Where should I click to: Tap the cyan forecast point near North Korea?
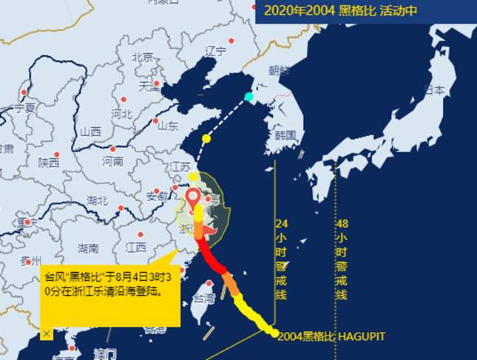(x=248, y=96)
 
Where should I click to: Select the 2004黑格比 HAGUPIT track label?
(x=331, y=336)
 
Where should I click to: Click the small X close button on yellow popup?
(x=47, y=333)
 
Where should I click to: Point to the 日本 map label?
(x=434, y=90)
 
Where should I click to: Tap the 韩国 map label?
(x=285, y=136)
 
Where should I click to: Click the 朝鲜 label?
(x=280, y=71)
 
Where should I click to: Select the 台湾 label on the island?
(x=203, y=299)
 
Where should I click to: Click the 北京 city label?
(x=142, y=57)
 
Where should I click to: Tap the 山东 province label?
(x=167, y=126)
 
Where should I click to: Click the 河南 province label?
(x=112, y=160)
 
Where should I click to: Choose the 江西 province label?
(x=135, y=246)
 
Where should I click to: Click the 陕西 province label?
(x=49, y=163)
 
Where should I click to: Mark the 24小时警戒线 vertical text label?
(x=281, y=259)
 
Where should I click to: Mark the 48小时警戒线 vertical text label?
(x=342, y=259)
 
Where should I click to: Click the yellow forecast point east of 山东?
(x=206, y=138)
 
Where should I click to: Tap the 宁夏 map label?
(x=24, y=108)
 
